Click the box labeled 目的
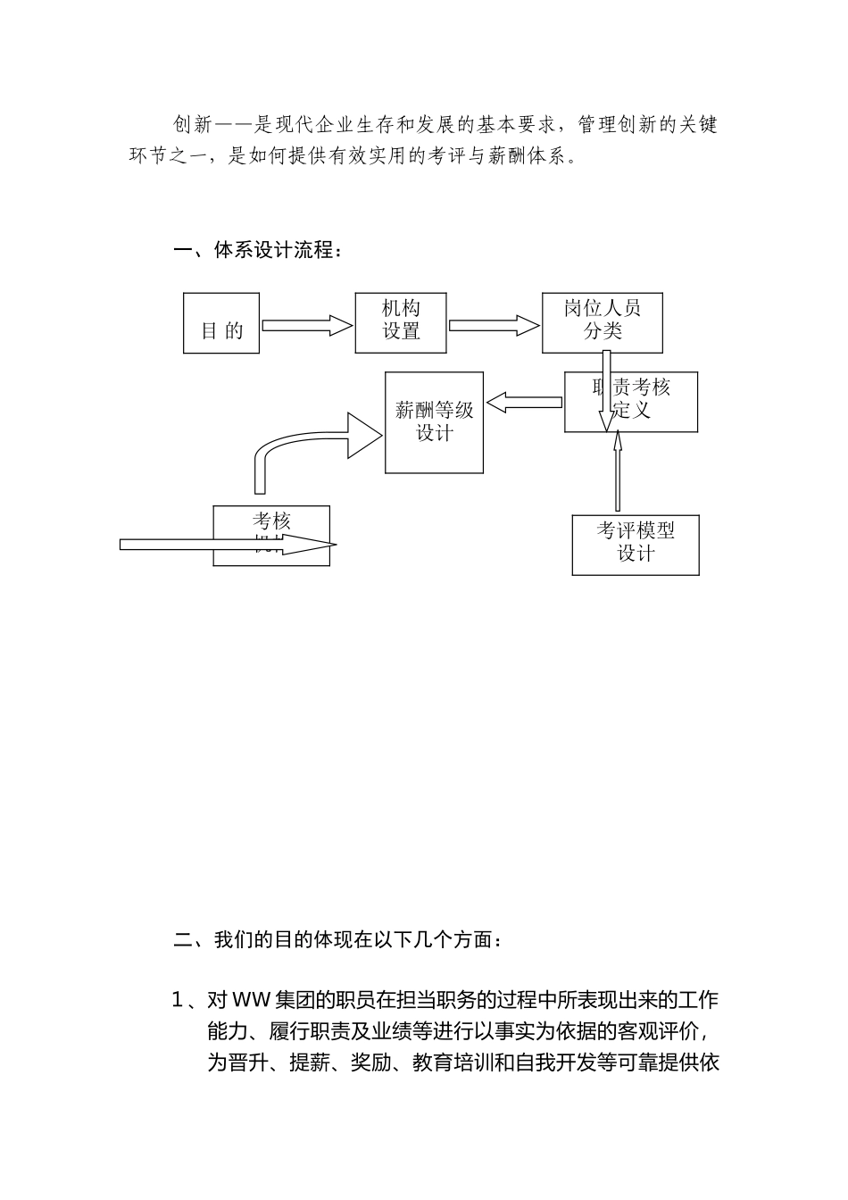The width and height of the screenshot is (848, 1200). pos(221,322)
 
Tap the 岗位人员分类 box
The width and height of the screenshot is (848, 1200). pos(603,321)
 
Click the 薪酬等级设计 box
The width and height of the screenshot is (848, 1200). pos(435,422)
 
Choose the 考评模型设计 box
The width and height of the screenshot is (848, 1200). pos(636,545)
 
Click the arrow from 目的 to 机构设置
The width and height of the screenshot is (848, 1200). pos(307,326)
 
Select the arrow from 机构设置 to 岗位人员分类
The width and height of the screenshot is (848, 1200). pos(495,325)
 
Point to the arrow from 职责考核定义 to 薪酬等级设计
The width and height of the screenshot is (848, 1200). pos(524,404)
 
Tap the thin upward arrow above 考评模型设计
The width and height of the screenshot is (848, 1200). pos(617,473)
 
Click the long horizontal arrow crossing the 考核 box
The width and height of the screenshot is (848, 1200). pos(179,545)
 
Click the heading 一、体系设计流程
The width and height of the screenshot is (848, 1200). pos(257,251)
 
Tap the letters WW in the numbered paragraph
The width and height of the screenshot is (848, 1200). pos(252,999)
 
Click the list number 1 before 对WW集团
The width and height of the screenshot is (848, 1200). pos(177,999)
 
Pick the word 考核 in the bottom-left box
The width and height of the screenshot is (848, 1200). pos(271,521)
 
